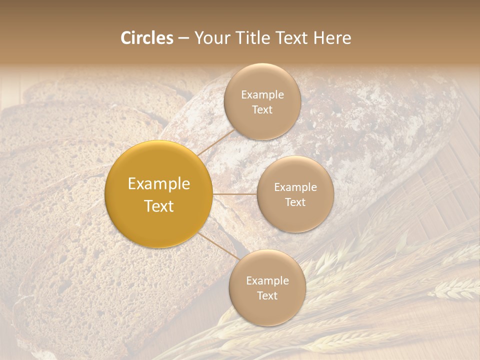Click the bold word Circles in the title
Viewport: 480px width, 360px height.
tap(147, 38)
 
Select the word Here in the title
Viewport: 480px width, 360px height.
tap(332, 38)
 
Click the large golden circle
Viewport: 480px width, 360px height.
tap(159, 194)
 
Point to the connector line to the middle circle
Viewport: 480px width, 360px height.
tap(235, 193)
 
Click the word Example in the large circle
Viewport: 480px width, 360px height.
tap(159, 184)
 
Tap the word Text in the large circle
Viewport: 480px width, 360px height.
tap(159, 206)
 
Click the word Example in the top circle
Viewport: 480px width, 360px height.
tap(262, 95)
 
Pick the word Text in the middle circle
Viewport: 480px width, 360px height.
tap(295, 202)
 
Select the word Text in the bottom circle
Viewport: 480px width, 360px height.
tap(267, 295)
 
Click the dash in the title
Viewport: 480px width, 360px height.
tap(183, 38)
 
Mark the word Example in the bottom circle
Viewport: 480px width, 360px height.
tap(267, 280)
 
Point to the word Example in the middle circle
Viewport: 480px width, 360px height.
tap(295, 187)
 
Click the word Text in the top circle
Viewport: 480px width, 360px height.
tap(262, 109)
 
